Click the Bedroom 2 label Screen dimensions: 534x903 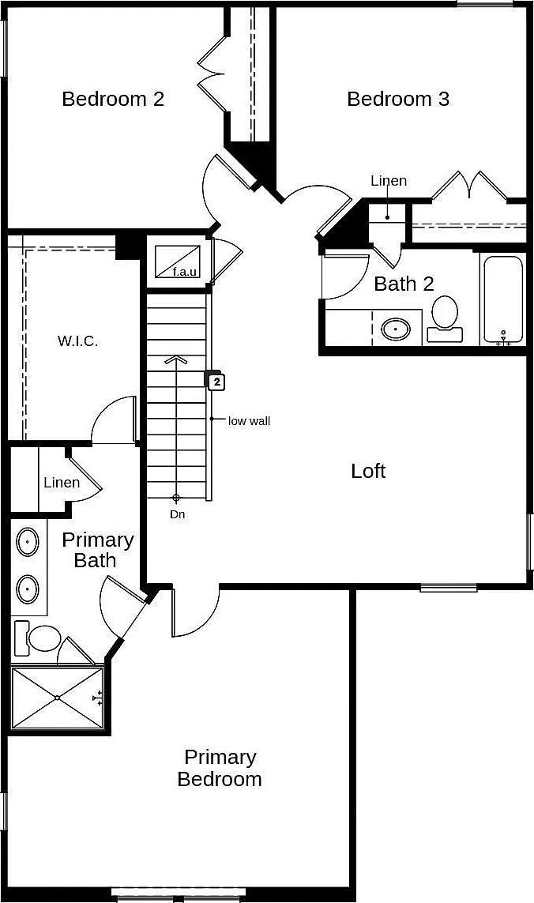pyautogui.click(x=113, y=99)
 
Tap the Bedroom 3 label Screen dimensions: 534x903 pyautogui.click(x=398, y=99)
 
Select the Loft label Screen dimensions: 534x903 pyautogui.click(x=368, y=471)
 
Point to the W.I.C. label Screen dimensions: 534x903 pyautogui.click(x=77, y=341)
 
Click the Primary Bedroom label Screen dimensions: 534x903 pyautogui.click(x=220, y=768)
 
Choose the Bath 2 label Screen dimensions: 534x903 pyautogui.click(x=404, y=284)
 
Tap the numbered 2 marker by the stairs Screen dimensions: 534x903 pyautogui.click(x=216, y=382)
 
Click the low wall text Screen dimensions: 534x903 pyautogui.click(x=249, y=421)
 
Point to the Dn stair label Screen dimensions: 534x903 pyautogui.click(x=178, y=514)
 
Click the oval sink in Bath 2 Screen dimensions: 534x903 pyautogui.click(x=396, y=329)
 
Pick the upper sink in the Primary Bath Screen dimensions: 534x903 pyautogui.click(x=27, y=543)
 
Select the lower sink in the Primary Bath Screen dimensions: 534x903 pyautogui.click(x=27, y=588)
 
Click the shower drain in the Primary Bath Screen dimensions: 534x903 pyautogui.click(x=58, y=698)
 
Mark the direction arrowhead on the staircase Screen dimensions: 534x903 pyautogui.click(x=176, y=360)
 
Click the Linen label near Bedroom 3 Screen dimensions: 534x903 pyautogui.click(x=389, y=181)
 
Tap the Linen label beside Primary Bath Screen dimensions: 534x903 pyautogui.click(x=62, y=482)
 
